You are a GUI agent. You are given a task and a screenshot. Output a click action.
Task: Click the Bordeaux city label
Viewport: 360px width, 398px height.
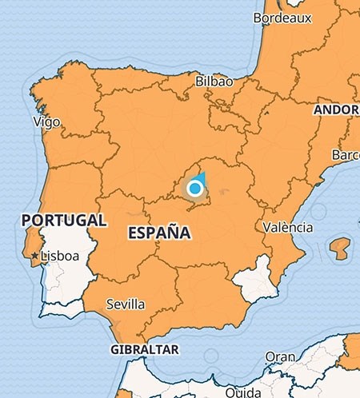[x=282, y=17]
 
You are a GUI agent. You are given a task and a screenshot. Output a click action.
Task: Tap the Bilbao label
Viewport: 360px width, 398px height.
[x=214, y=82]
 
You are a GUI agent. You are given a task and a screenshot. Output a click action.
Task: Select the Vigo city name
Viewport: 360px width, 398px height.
[x=46, y=121]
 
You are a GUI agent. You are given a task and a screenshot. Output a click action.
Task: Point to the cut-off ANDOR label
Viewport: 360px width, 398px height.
[x=337, y=109]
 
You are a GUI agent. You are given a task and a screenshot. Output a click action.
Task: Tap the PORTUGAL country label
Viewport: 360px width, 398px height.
[x=64, y=219]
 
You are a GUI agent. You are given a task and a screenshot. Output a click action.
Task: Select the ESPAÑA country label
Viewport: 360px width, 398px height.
[x=158, y=233]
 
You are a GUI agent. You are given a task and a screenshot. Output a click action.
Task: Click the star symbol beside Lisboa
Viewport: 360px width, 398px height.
[x=34, y=257]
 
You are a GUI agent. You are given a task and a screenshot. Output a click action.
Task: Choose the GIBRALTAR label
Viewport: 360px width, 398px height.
[x=144, y=350]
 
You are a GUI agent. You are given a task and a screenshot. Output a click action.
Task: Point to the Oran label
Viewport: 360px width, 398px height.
[x=279, y=356]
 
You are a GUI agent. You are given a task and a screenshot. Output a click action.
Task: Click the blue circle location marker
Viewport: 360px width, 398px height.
[x=195, y=189]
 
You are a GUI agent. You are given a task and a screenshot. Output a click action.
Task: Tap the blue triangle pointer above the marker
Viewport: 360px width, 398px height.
[x=201, y=177]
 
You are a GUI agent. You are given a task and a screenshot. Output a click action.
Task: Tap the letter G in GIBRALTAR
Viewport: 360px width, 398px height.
[x=114, y=350]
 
